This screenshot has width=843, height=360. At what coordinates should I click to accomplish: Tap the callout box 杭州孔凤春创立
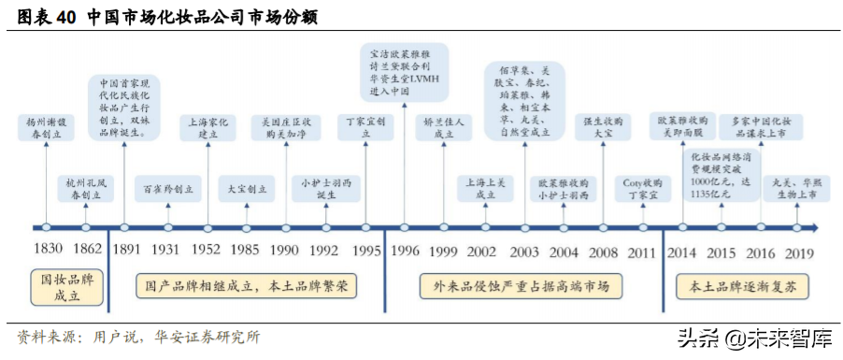85,189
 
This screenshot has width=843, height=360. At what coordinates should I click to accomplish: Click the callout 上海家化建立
208,127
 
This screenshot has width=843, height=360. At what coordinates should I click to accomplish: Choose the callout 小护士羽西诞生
323,188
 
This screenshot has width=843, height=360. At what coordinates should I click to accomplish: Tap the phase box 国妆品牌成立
64,285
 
